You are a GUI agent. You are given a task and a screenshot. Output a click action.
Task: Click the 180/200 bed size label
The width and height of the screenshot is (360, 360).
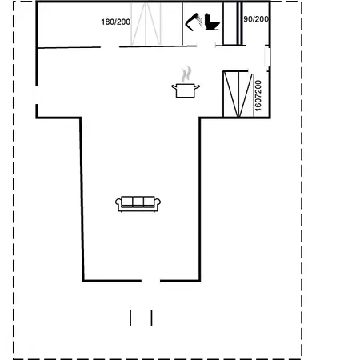pos(116,22)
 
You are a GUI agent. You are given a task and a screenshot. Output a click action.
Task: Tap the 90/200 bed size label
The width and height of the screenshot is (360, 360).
pos(256,19)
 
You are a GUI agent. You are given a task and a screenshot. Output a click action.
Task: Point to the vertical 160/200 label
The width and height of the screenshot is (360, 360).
pos(258,96)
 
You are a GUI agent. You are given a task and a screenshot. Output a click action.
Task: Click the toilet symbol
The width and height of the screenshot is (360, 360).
pos(212,22)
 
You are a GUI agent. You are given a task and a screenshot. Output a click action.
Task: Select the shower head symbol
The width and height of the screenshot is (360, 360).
pos(194,22)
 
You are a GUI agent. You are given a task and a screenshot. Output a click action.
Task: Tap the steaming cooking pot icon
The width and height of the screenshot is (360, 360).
pos(186,82)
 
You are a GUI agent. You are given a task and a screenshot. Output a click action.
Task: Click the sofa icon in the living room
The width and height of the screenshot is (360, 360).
pos(138,204)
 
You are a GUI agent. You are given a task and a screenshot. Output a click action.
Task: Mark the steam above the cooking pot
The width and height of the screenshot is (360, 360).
pos(186,74)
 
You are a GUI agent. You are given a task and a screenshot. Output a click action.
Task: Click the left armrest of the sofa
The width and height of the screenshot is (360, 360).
pos(118,204)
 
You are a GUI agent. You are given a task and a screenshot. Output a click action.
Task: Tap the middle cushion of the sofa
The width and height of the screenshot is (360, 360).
pos(138,202)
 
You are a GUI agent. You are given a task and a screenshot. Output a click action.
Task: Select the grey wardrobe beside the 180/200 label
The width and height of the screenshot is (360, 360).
pos(146,24)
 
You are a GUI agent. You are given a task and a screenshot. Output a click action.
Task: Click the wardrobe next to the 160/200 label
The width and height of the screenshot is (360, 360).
pos(238,94)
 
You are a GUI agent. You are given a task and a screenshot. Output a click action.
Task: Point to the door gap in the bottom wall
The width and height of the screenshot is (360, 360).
pos(150,281)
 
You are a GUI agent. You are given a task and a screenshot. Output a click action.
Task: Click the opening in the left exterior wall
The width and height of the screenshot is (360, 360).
pos(37,94)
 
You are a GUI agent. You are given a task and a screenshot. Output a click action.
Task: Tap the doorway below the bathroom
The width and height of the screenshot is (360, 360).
pos(206,46)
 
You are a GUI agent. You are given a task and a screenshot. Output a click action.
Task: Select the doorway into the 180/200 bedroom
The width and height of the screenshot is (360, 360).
pos(110,47)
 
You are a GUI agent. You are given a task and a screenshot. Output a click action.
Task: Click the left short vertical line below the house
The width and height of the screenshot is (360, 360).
pos(130,318)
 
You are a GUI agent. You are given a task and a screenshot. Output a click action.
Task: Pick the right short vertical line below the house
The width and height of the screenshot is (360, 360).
pos(152,318)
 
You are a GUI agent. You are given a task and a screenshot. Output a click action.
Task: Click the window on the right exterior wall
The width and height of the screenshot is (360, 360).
pos(268,58)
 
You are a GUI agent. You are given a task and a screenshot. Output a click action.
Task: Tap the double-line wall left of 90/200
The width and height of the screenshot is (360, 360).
pos(240,23)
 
